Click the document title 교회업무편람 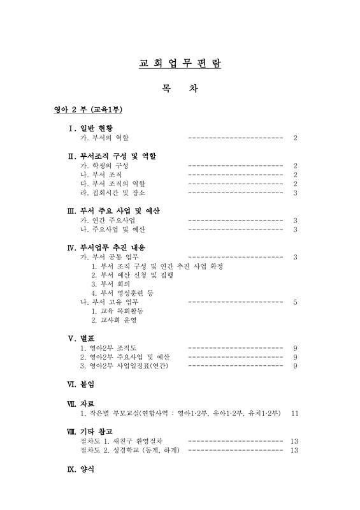point(180,64)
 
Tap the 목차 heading point(180,89)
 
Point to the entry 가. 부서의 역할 point(104,138)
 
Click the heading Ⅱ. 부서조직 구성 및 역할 point(112,156)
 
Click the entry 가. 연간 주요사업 point(104,220)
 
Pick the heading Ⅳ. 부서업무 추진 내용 point(113,247)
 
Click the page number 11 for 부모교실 point(294,413)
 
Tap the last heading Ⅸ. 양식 point(80,469)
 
